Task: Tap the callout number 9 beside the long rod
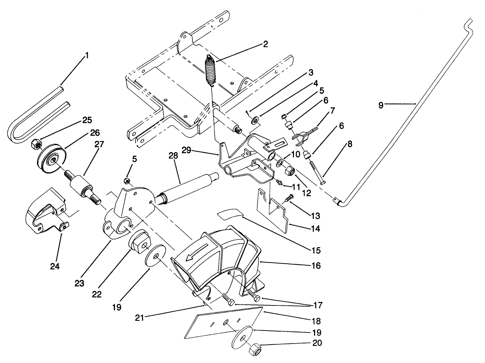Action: click(381, 105)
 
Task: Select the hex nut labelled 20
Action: click(254, 350)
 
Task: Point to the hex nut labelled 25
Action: click(36, 143)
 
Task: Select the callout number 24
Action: click(55, 266)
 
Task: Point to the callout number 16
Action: click(316, 265)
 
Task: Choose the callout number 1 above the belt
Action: click(87, 55)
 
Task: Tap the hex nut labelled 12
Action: click(290, 171)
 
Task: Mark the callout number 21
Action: click(140, 317)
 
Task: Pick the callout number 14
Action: click(315, 229)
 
